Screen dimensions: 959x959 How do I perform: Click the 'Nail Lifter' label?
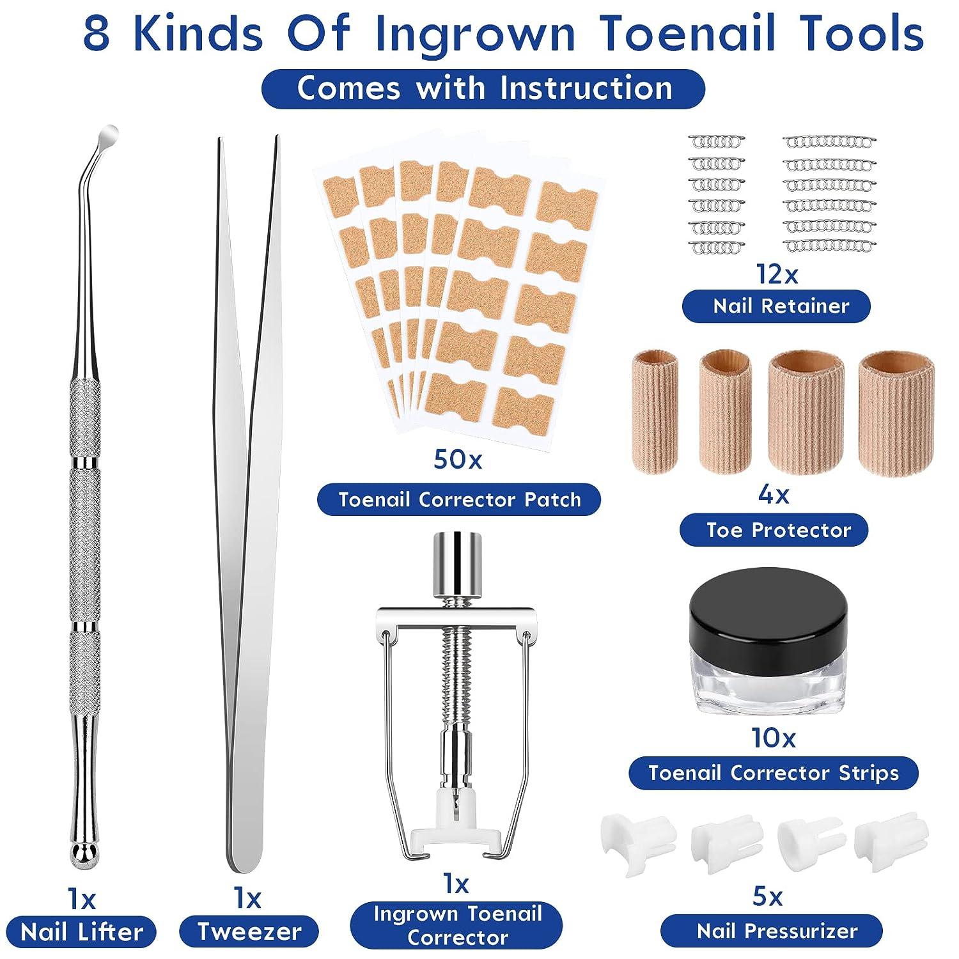coord(82,932)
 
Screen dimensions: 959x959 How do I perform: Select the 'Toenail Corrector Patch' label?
coord(459,499)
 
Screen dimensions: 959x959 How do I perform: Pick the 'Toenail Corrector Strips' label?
coord(774,773)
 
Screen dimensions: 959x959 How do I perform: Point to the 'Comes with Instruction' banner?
coord(483,88)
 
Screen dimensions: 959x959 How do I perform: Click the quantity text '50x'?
coord(458,460)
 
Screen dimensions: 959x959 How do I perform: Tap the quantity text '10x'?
coord(774,738)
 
